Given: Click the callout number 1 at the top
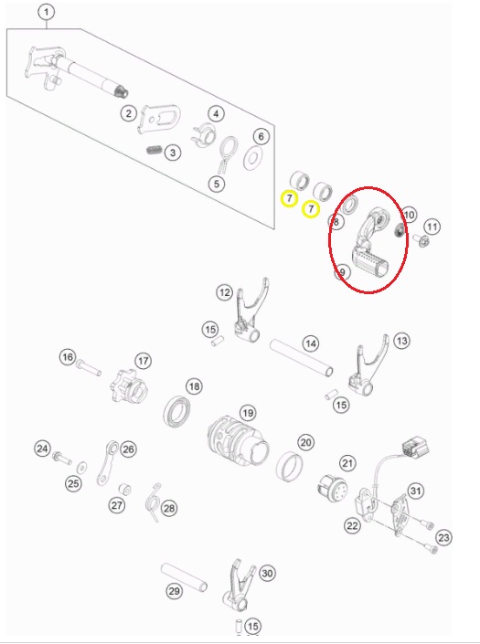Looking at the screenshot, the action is pos(47,12).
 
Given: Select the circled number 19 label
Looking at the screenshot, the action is pos(248,413).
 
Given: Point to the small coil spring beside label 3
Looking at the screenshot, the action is pos(155,150).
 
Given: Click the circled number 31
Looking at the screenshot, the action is pos(415,491).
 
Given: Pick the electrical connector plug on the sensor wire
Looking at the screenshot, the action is pos(415,448).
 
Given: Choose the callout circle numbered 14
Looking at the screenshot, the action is pos(311,343).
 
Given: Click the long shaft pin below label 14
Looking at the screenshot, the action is pos(301,357).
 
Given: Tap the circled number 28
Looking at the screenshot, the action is pos(169,508).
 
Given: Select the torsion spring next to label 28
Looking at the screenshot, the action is pos(153,501).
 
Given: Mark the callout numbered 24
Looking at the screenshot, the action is pos(42,449).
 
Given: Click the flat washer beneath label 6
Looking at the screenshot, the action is pos(253,157).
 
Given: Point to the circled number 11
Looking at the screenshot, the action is pos(432,227).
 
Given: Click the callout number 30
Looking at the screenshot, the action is pos(267,573).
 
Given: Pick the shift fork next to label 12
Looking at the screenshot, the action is pos(250,312).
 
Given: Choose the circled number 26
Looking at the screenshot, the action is pos(128,449).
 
